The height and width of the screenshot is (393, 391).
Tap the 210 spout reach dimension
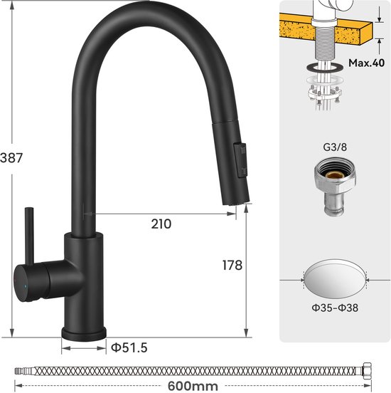161,224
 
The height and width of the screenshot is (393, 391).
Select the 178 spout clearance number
232,265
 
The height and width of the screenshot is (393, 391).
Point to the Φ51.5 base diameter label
129,347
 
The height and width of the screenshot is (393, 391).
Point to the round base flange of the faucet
84,332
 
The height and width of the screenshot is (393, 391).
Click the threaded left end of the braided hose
21,371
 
